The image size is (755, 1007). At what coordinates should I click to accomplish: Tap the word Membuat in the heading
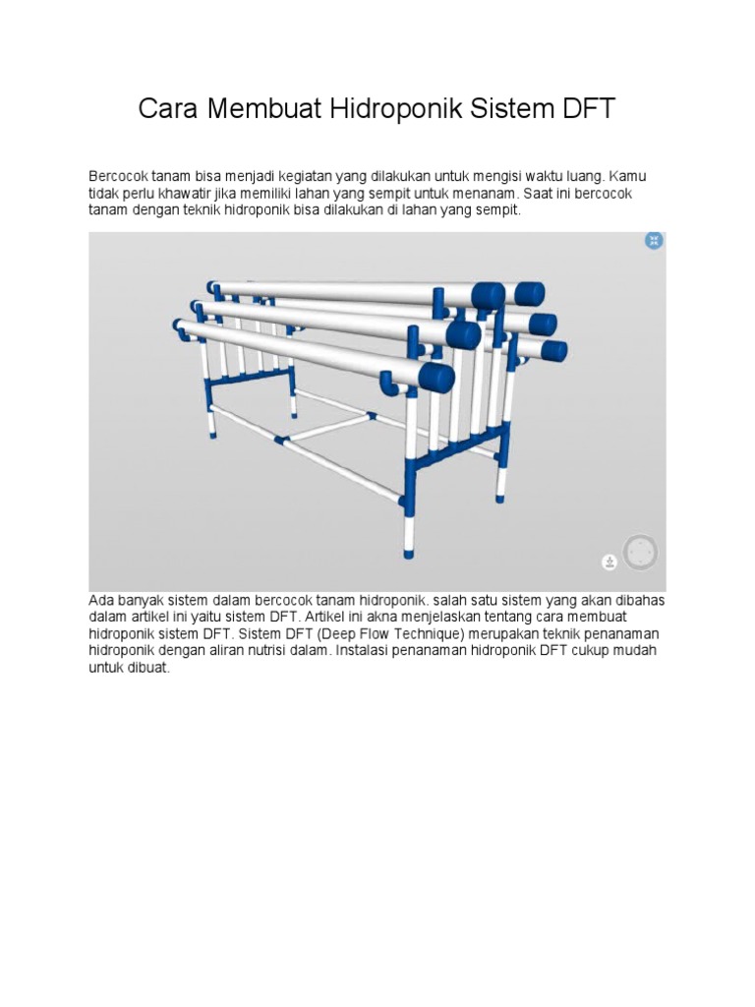[263, 108]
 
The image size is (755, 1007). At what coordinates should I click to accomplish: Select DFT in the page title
[589, 108]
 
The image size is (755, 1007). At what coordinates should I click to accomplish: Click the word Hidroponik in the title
[395, 108]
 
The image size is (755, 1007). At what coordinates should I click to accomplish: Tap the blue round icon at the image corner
[654, 241]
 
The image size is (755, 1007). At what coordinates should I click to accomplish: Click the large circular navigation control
[640, 552]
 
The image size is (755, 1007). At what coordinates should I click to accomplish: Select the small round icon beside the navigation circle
[610, 562]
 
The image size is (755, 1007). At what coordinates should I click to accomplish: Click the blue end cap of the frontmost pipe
[437, 379]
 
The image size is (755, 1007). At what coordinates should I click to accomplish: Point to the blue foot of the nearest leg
[408, 553]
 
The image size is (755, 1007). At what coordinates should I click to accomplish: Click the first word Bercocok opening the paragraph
[119, 177]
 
